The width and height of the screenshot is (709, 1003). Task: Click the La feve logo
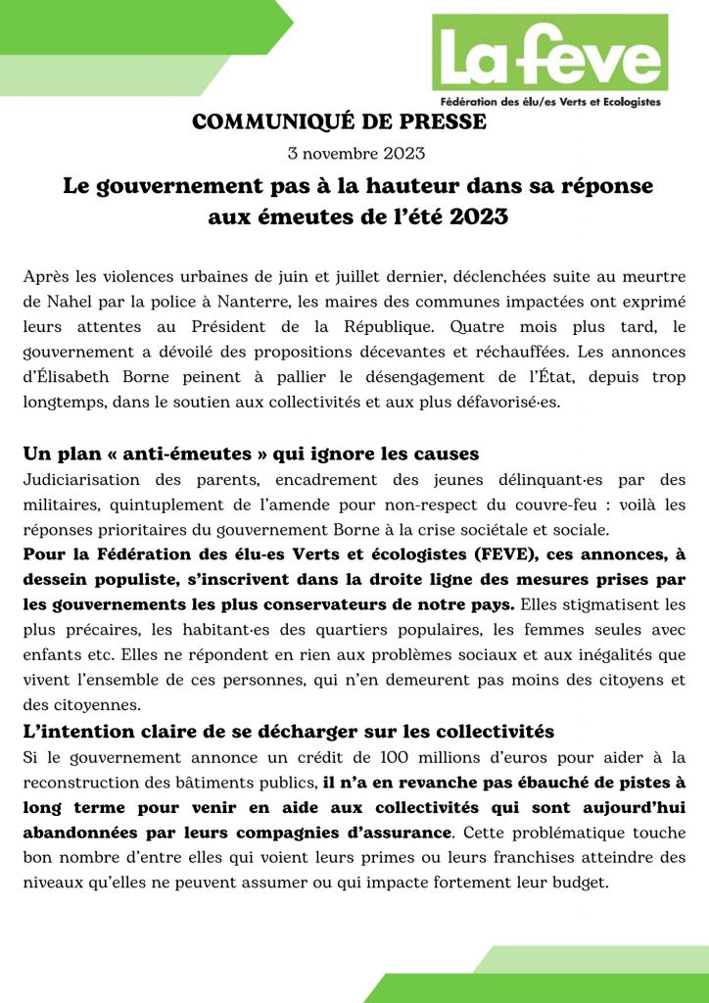point(549,59)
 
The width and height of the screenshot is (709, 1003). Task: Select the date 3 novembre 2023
point(354,154)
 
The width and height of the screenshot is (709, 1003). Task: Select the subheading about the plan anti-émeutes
point(251,454)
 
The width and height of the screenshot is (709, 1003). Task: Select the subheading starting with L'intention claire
point(289,732)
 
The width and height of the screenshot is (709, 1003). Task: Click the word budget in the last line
point(579,883)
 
